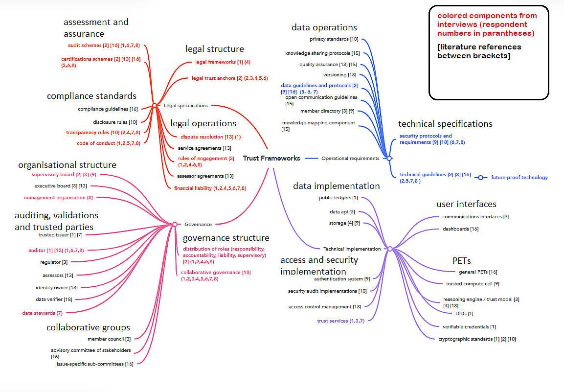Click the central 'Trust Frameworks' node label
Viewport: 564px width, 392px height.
271,159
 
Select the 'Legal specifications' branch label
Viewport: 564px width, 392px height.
185,106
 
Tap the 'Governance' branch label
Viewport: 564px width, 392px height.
198,225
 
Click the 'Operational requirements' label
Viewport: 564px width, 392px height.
350,159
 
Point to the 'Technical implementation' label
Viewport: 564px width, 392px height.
352,249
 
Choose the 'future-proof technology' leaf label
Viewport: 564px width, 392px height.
519,178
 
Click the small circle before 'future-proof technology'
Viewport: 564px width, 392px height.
480,178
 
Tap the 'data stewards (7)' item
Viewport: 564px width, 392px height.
42,313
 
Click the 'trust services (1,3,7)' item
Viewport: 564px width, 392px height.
340,321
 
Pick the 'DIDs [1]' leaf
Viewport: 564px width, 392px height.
464,314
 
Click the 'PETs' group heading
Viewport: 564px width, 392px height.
461,260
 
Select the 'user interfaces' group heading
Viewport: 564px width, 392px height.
466,204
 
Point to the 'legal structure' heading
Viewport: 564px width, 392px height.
214,49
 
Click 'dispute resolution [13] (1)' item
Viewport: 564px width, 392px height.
210,137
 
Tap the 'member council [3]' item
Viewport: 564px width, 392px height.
109,339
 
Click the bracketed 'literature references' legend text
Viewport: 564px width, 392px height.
479,51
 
